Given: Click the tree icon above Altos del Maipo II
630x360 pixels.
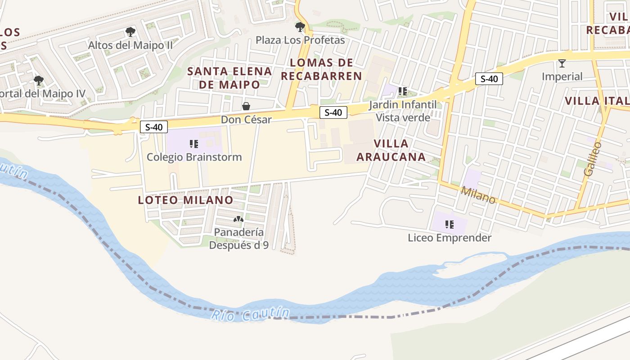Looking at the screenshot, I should [x=130, y=32].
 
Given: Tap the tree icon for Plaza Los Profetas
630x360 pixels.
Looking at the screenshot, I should [x=300, y=27].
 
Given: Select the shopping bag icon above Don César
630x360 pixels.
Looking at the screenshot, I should [x=246, y=106].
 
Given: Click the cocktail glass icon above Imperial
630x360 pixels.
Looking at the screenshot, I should [x=562, y=63].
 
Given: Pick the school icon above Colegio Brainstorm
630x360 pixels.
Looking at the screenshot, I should [x=194, y=144].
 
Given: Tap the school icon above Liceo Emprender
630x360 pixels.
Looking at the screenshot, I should [x=449, y=224].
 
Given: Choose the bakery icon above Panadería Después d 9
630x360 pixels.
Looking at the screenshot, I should [x=238, y=219].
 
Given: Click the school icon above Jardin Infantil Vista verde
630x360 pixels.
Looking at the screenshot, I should [x=403, y=91].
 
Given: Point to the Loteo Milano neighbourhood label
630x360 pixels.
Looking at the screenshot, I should [x=186, y=200].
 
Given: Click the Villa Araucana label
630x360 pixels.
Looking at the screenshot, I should [x=391, y=150].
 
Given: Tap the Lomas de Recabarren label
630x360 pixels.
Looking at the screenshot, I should [x=321, y=69].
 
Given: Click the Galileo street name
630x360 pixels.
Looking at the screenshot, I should [x=592, y=158].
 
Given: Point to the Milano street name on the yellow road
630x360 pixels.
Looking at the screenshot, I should [x=478, y=195].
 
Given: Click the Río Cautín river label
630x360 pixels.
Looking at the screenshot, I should [x=251, y=314].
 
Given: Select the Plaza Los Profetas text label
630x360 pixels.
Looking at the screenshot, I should [x=300, y=40].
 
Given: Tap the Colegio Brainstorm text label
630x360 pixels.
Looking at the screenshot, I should [x=194, y=157].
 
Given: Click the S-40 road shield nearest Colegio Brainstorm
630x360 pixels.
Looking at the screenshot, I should [x=154, y=127].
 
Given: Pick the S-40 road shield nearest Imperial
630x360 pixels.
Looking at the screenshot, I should [x=489, y=79].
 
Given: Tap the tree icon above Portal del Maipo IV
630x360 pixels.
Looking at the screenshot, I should [x=39, y=81].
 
